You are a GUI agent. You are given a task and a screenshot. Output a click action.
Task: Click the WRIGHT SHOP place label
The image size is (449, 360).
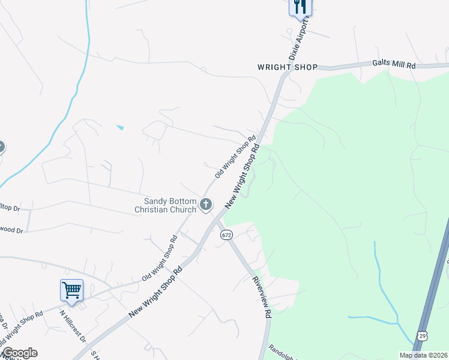[287, 67]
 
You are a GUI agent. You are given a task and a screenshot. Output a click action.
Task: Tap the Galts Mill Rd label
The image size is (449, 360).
[394, 64]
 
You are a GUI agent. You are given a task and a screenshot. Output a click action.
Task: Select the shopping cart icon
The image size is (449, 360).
[71, 290]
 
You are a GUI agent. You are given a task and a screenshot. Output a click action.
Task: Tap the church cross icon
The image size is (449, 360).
[206, 205]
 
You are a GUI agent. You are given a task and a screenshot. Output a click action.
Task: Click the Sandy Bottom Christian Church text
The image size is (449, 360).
[165, 205]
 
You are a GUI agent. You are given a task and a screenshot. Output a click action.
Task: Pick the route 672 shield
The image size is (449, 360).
[226, 235]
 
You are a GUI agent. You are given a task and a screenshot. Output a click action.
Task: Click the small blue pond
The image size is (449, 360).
[120, 127]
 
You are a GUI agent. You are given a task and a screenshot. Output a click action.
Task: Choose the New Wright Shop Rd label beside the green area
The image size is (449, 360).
[243, 176]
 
